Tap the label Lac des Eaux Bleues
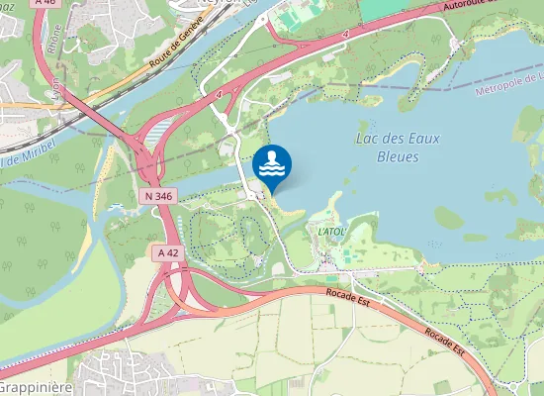point(397,148)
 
